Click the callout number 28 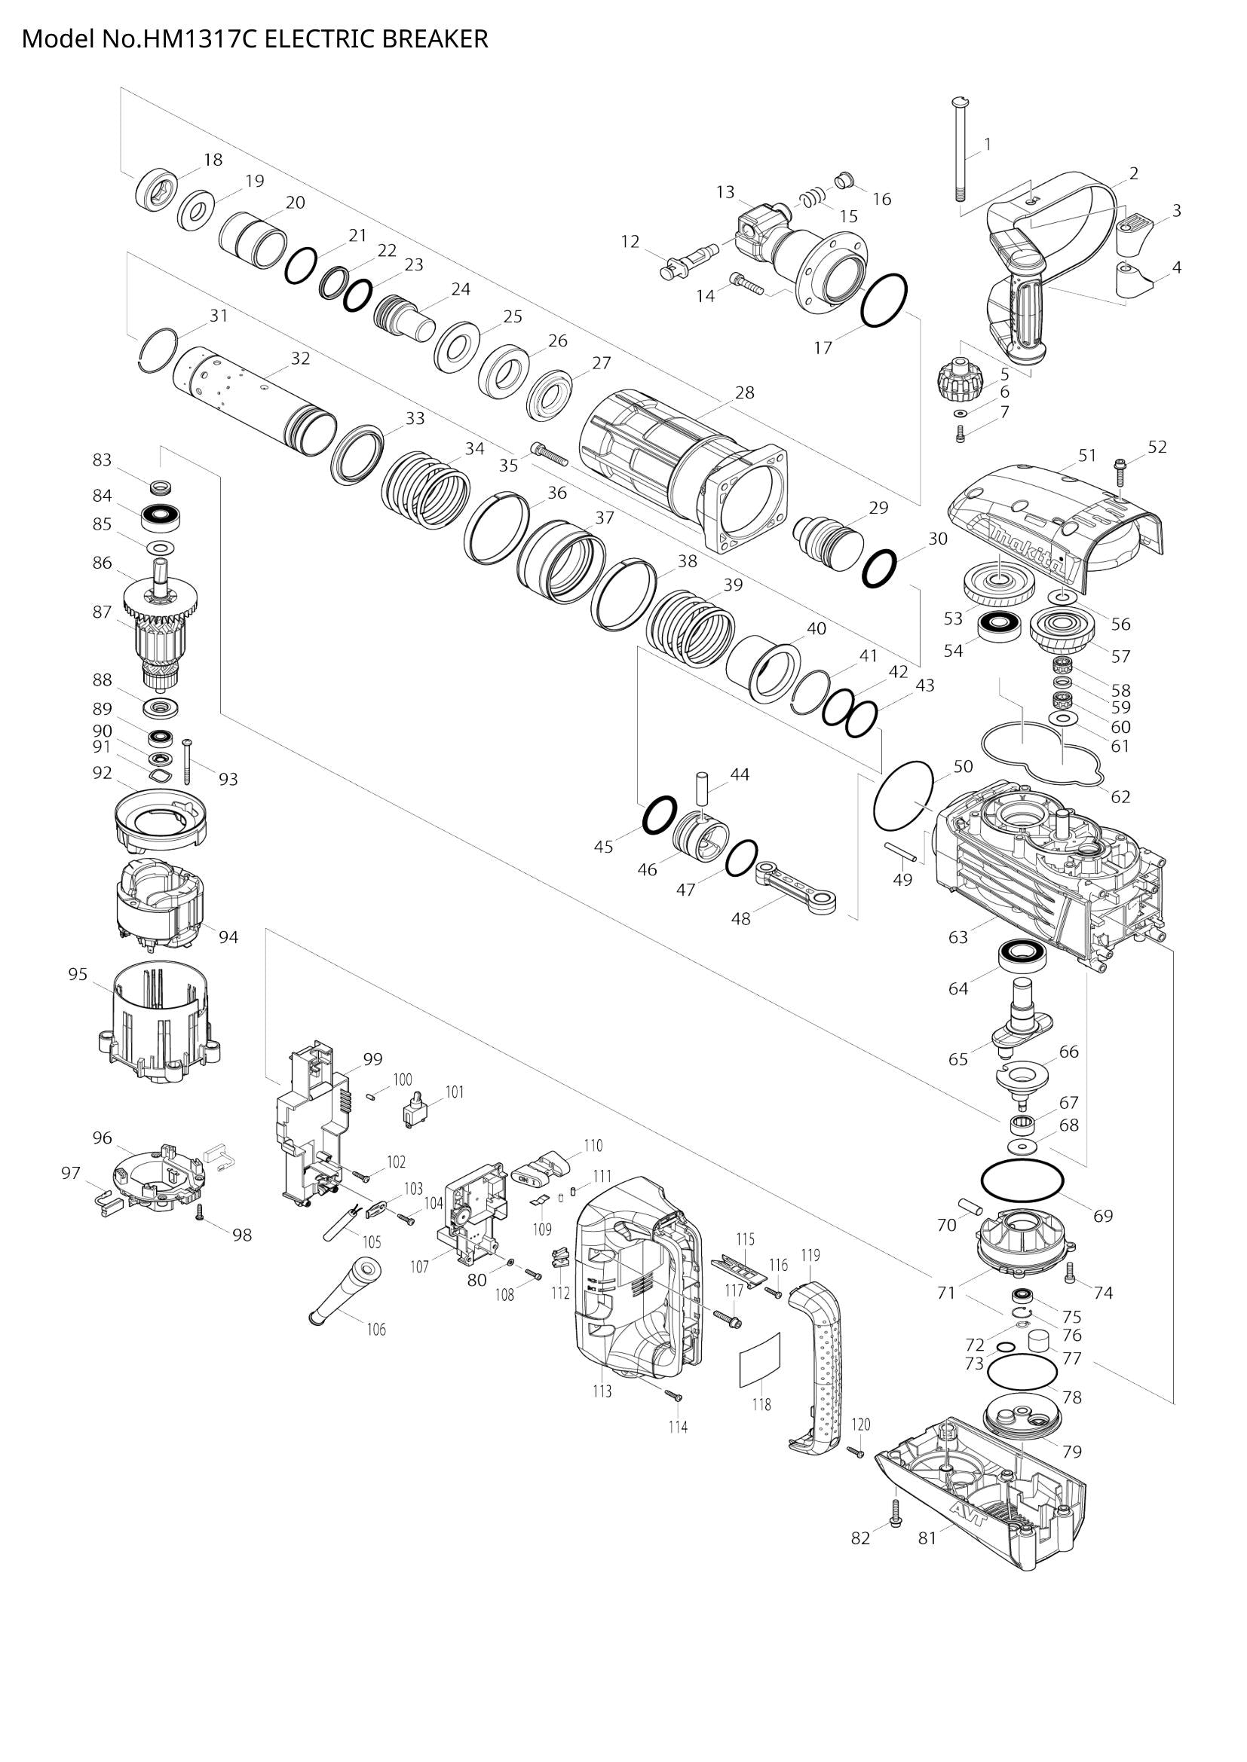[x=744, y=393]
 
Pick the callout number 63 [x=958, y=937]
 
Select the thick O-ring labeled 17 [x=884, y=300]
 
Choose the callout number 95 [x=78, y=974]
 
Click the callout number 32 [x=300, y=359]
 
